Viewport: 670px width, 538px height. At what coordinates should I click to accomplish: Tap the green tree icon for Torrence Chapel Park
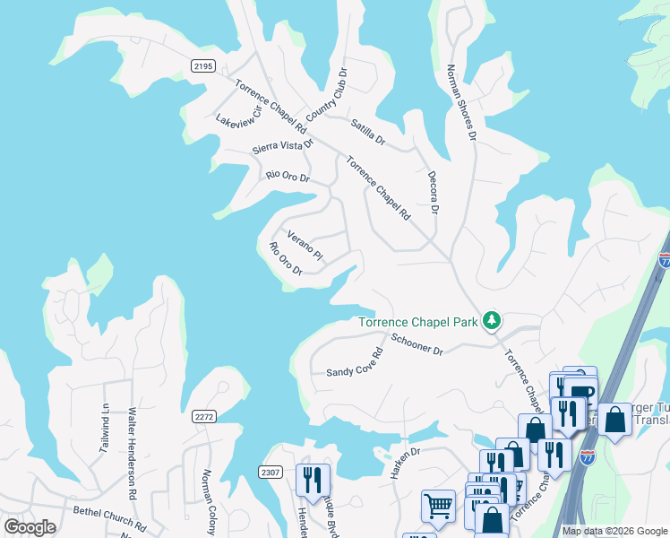pos(491,320)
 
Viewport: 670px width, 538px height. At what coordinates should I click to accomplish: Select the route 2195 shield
pos(203,65)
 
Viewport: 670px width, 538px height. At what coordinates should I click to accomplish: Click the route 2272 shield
pos(204,416)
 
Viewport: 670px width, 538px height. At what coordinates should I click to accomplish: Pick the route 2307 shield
pos(270,472)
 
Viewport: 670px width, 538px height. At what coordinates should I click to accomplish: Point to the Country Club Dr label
pos(326,95)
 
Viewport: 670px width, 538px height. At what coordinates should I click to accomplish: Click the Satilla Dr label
pos(367,133)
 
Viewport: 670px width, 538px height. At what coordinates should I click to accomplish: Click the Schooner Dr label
pos(417,344)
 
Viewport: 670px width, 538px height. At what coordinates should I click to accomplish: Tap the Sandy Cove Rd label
pos(354,362)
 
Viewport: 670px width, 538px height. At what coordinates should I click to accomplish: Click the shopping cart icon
pos(438,506)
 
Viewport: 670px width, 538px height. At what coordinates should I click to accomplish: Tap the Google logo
pos(30,527)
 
